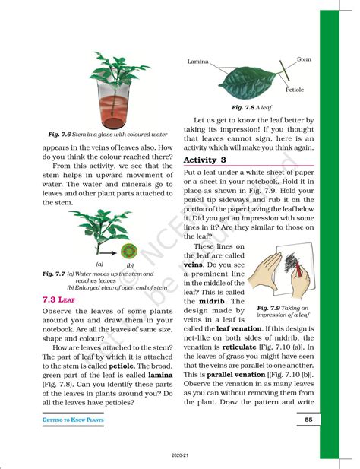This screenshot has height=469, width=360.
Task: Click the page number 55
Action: point(308,420)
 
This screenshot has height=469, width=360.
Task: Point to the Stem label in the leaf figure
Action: point(304,59)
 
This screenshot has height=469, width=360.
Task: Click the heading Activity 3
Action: point(205,160)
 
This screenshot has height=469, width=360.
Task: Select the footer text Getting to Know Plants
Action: point(74,420)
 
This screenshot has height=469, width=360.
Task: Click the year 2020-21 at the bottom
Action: point(180,455)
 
